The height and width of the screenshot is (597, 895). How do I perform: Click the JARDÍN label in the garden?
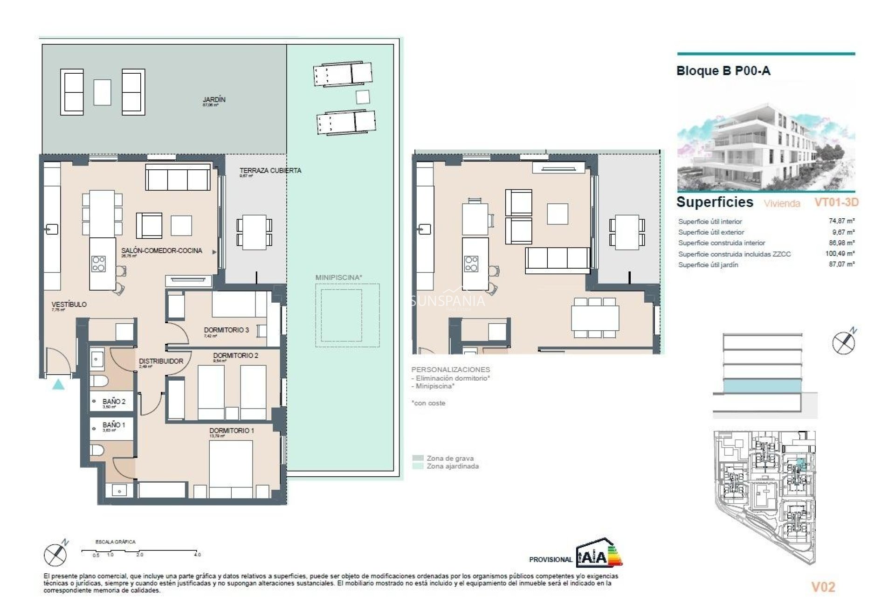click(214, 100)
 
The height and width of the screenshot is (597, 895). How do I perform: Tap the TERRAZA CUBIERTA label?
click(270, 171)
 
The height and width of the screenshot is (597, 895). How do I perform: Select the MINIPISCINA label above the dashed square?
click(338, 278)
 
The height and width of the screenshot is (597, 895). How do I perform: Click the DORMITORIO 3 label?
click(226, 330)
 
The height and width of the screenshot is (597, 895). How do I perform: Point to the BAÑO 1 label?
click(114, 425)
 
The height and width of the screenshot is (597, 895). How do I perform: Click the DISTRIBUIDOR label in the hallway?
click(161, 361)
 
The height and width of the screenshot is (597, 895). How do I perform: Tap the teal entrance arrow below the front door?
click(58, 385)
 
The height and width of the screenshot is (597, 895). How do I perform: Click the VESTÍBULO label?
click(69, 305)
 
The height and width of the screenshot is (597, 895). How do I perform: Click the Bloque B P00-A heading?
click(723, 71)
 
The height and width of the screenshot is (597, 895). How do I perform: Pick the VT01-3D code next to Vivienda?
click(836, 202)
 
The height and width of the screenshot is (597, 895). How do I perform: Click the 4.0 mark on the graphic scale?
click(197, 555)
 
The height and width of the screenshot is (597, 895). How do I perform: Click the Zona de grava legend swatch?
click(418, 458)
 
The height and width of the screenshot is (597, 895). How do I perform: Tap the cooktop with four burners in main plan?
click(98, 264)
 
